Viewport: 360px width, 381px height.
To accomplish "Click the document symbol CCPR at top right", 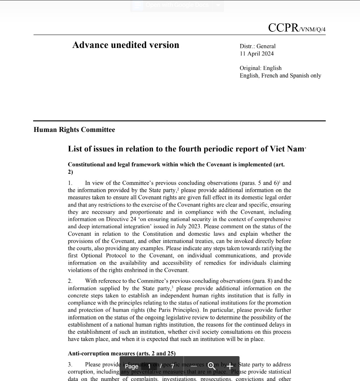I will point(283,28).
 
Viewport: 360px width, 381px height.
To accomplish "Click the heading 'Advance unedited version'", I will point(126,45).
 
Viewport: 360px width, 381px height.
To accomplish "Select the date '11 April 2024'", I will point(256,54).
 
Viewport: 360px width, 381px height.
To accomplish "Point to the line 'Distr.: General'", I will point(257,46).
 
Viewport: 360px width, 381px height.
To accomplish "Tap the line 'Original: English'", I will point(260,68).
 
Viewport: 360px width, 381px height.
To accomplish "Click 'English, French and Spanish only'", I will point(280,76).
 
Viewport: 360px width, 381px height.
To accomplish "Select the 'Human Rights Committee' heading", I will point(74,130).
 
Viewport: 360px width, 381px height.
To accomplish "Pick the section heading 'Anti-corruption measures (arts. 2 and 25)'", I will point(122,354).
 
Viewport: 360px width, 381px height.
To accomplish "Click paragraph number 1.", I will point(70,183).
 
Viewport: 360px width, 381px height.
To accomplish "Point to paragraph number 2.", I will point(70,281).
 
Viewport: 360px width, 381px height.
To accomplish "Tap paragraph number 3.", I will point(70,365).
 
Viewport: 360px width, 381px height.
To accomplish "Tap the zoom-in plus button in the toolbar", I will point(230,366).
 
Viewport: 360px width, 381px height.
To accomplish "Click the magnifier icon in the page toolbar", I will point(212,366).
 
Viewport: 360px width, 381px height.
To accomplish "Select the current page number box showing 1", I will point(149,366).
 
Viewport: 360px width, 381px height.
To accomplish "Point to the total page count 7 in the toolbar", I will point(172,366).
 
